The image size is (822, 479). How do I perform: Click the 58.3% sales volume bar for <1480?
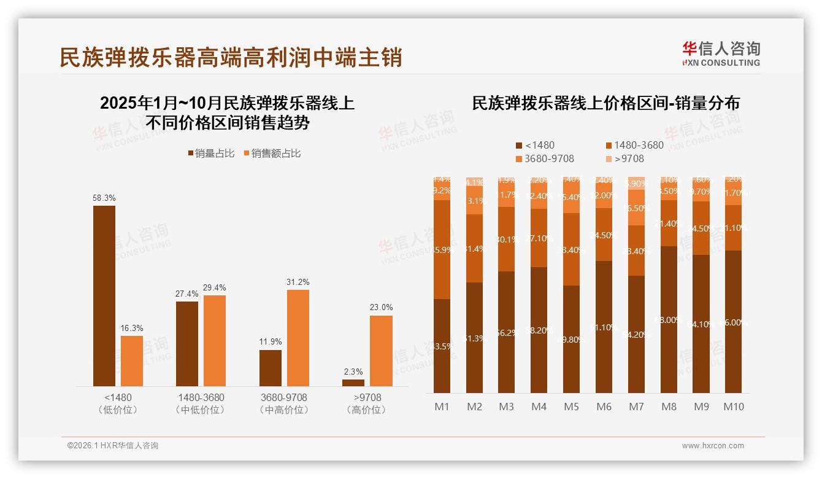click(x=104, y=295)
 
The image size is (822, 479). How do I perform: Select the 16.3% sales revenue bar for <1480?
click(x=132, y=360)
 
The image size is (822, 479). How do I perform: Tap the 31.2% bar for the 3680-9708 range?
click(x=298, y=338)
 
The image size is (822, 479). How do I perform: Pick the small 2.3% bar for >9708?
click(x=353, y=383)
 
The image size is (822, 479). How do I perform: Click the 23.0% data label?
click(x=381, y=307)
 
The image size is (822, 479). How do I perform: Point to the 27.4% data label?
click(x=187, y=294)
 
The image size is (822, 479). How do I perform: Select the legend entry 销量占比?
click(x=211, y=154)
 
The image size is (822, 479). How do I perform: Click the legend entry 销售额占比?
click(x=272, y=154)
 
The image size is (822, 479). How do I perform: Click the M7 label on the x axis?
click(x=636, y=407)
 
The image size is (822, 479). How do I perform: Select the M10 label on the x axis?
click(x=734, y=407)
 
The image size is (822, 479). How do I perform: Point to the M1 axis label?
click(x=442, y=407)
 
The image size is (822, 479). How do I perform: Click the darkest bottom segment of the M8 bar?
click(x=669, y=319)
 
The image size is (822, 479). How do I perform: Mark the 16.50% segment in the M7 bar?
click(x=637, y=208)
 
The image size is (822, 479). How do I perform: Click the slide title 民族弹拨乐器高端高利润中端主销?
click(x=231, y=57)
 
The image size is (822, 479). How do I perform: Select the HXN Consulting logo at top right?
click(x=721, y=53)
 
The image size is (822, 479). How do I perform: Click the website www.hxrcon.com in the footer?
click(x=713, y=446)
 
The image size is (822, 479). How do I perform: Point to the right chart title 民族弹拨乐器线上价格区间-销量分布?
click(x=605, y=103)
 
